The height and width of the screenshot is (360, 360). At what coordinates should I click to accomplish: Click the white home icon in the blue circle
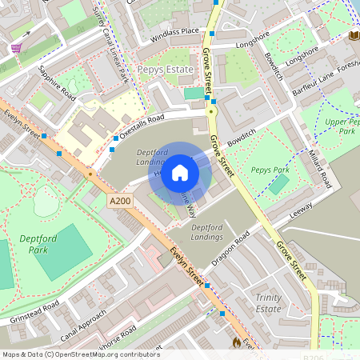click(x=180, y=172)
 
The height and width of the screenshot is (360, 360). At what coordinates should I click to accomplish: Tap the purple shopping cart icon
click(x=16, y=48)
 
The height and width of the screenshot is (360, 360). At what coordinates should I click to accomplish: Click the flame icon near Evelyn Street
click(x=236, y=342)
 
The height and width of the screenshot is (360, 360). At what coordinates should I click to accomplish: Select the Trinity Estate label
click(x=268, y=302)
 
